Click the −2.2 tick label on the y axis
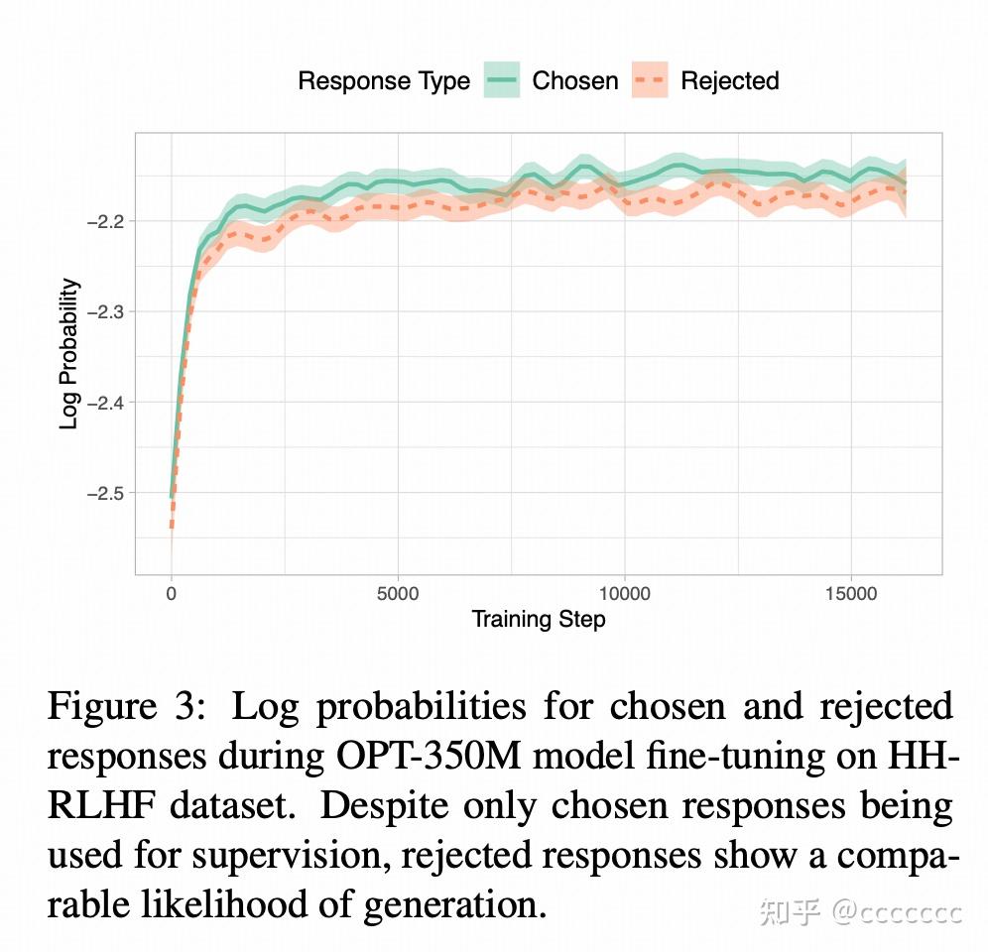pyautogui.click(x=104, y=221)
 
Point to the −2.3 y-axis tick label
pyautogui.click(x=104, y=311)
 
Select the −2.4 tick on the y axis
pyautogui.click(x=104, y=402)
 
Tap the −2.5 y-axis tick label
pyautogui.click(x=104, y=493)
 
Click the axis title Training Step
pyautogui.click(x=538, y=620)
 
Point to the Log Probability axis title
pyautogui.click(x=69, y=354)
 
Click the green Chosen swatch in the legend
pyautogui.click(x=502, y=80)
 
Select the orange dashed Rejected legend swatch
pyautogui.click(x=650, y=80)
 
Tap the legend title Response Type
pyautogui.click(x=384, y=81)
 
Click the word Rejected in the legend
pyautogui.click(x=729, y=81)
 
